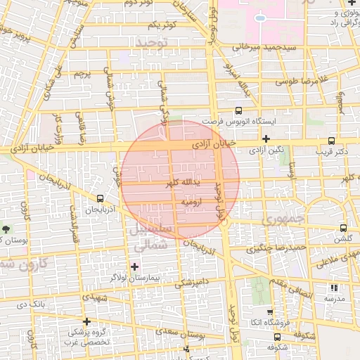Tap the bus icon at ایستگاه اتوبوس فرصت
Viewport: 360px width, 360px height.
coord(238,110)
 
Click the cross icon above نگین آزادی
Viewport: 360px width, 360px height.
coord(265,139)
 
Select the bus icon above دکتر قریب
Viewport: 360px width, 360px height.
coord(332,140)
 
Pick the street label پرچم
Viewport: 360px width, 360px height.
coord(83,73)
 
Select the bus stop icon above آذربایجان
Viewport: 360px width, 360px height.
coord(101,198)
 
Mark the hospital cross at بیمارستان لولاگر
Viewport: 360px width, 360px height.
coord(134,266)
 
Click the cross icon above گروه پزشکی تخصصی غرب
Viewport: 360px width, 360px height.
coord(86,321)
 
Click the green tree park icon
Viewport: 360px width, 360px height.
coord(7,229)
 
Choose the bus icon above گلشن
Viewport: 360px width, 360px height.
coord(343,228)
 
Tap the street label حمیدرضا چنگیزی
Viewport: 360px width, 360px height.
coord(281,248)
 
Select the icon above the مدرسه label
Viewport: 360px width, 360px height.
coord(334,287)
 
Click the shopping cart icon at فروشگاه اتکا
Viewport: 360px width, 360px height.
coord(270,311)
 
